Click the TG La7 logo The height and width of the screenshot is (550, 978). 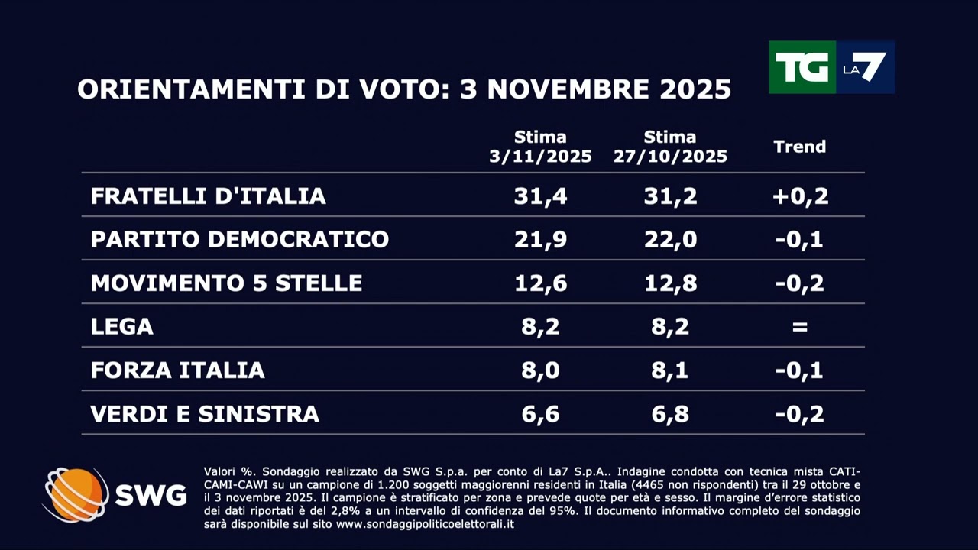831,67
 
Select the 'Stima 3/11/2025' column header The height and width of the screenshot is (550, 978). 540,147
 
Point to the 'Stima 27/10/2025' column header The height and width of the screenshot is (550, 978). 670,147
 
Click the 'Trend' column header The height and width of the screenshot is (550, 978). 799,147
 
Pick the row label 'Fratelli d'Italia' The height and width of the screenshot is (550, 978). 209,196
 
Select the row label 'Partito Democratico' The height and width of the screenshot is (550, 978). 240,240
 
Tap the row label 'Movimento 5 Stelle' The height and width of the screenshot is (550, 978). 226,283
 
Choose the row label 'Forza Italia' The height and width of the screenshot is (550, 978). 177,370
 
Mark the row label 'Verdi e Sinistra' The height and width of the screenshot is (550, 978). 205,414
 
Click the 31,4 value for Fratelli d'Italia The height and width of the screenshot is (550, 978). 540,196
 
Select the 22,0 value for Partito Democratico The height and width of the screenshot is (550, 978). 670,240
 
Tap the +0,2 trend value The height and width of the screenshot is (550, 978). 799,196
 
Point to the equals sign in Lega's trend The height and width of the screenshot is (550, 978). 799,327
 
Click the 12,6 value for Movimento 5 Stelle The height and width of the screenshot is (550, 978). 540,283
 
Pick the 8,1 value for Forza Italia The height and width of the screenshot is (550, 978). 670,370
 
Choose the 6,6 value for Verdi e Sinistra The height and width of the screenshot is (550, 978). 540,414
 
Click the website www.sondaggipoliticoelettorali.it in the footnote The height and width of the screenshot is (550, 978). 425,524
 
